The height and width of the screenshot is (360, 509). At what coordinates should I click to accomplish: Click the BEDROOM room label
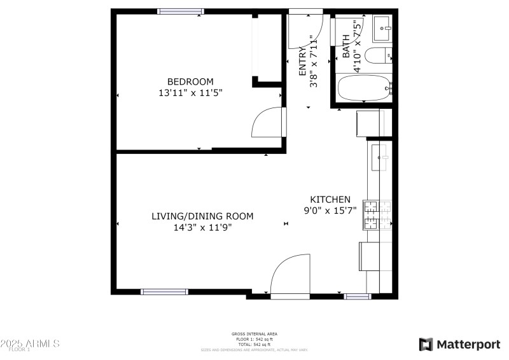coord(190,81)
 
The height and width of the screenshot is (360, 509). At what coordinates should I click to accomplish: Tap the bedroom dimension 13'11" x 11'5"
coord(190,93)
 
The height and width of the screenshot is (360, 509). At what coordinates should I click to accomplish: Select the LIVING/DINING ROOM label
coord(202,216)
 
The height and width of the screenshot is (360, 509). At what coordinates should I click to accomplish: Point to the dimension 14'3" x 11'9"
coord(202,228)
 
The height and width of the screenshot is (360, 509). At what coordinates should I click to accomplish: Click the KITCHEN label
coord(330,199)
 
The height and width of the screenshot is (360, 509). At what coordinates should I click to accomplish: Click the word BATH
coord(347,46)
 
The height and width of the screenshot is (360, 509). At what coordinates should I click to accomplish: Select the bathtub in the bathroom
coord(364,88)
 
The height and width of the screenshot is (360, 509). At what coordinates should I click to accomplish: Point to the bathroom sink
coord(384,26)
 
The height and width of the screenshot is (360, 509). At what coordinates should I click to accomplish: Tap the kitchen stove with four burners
coord(371,215)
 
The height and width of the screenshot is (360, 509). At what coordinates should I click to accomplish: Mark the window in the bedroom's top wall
coord(181,11)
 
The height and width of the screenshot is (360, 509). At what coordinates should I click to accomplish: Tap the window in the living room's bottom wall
coord(164,292)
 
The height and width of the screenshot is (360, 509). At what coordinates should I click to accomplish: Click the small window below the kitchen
coord(357,296)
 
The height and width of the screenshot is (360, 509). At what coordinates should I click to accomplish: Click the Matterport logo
coord(459,344)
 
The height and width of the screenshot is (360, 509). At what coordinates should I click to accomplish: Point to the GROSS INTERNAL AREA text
coord(254,334)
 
